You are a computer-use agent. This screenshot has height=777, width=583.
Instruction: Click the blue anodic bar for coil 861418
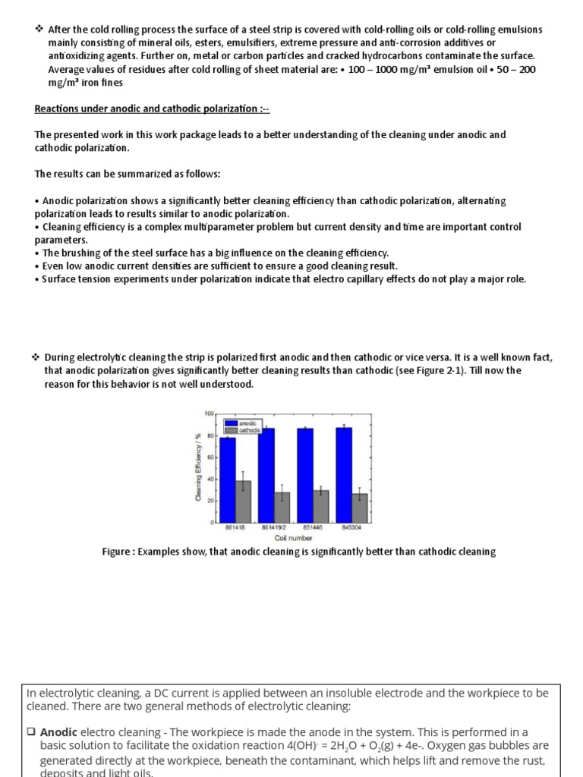225,480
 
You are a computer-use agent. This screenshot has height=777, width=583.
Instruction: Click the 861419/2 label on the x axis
273,528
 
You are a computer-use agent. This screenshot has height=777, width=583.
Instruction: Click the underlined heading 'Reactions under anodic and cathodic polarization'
152,109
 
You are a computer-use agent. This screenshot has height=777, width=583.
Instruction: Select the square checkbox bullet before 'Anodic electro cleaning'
31,733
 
